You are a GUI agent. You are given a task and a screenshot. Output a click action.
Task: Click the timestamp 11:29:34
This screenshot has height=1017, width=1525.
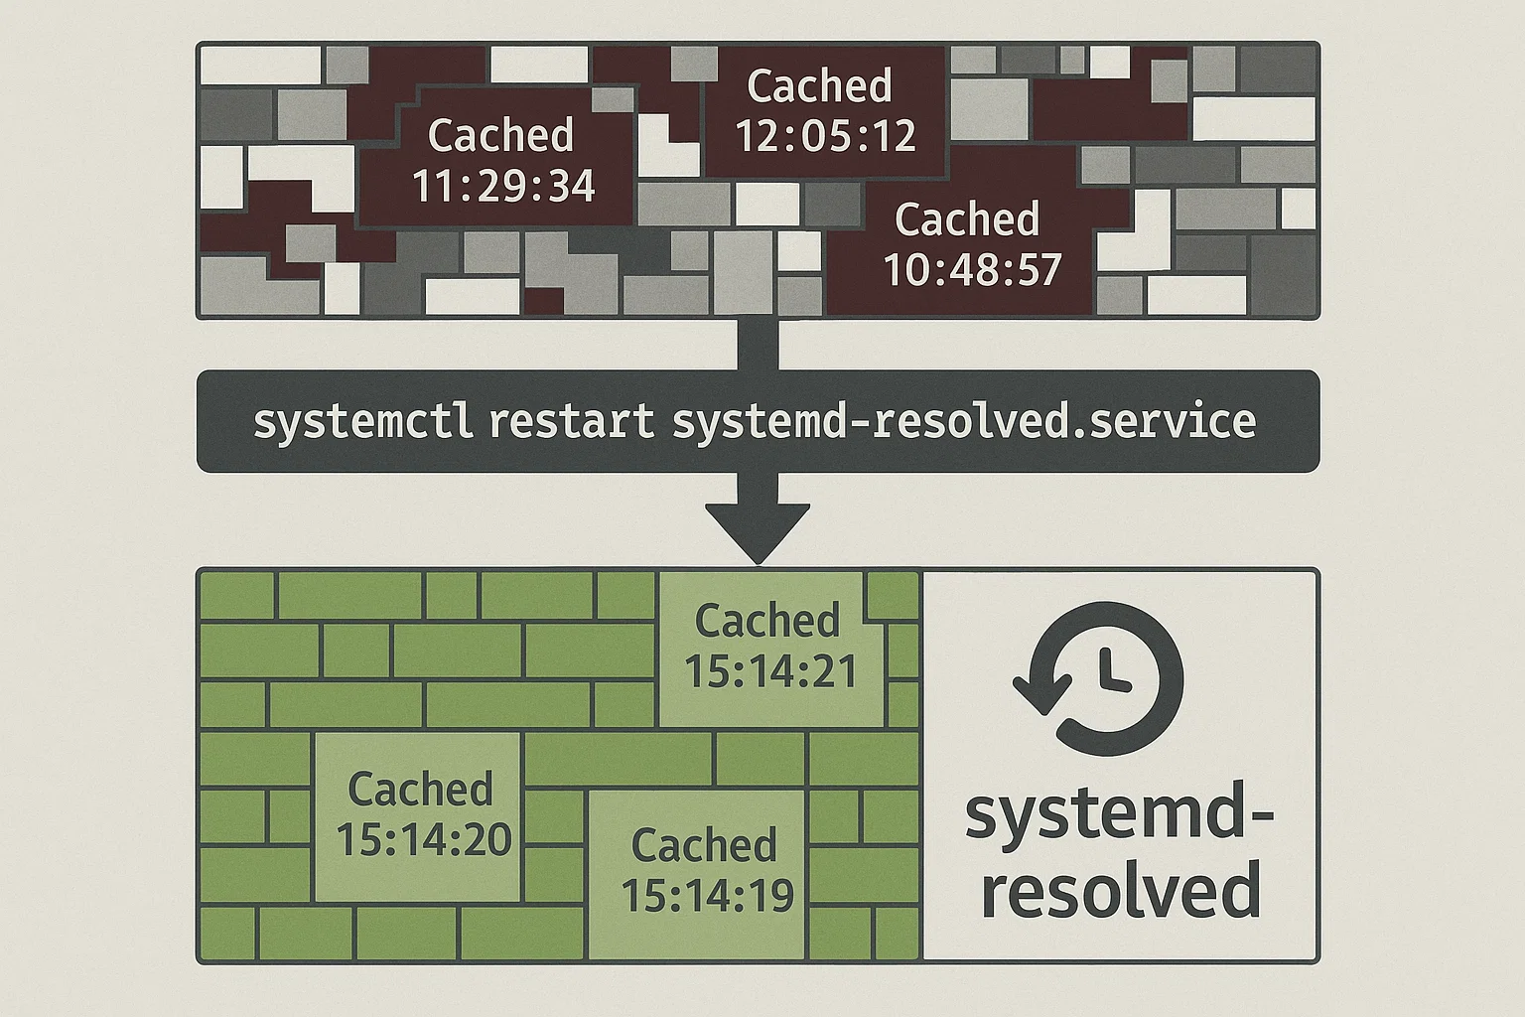(x=503, y=186)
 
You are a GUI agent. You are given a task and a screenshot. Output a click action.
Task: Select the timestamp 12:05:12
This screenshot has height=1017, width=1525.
(x=825, y=136)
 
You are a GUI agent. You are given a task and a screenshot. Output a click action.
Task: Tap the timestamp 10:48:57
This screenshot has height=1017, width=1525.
(x=972, y=269)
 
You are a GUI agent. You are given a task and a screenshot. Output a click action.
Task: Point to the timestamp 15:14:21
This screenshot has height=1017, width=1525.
(x=770, y=671)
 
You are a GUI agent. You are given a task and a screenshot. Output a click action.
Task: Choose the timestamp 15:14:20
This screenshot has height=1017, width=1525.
(x=424, y=839)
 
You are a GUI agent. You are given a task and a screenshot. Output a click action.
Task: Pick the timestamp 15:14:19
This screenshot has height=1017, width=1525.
(x=707, y=895)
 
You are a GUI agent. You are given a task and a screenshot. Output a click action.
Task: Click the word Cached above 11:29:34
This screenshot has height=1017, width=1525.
(x=500, y=135)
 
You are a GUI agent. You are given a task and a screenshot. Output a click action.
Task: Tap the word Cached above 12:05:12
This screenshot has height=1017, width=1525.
(x=819, y=86)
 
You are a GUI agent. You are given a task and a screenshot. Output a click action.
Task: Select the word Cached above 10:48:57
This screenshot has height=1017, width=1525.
(x=967, y=219)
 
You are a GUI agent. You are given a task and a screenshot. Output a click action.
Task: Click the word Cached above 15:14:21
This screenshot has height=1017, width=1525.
(x=767, y=621)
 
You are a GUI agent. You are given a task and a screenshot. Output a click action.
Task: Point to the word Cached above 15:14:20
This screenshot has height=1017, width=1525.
(x=420, y=790)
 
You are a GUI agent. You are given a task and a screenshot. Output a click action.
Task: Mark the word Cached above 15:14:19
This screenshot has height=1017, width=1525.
(x=704, y=845)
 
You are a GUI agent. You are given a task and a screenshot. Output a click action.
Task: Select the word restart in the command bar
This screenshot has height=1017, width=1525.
(x=571, y=421)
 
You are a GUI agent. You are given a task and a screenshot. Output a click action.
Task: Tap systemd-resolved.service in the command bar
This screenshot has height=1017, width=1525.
(x=964, y=421)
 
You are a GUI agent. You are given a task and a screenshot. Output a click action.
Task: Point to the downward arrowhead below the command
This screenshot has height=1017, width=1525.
(x=758, y=532)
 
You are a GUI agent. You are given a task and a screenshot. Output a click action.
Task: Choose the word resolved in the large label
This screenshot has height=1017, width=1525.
(x=1121, y=890)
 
